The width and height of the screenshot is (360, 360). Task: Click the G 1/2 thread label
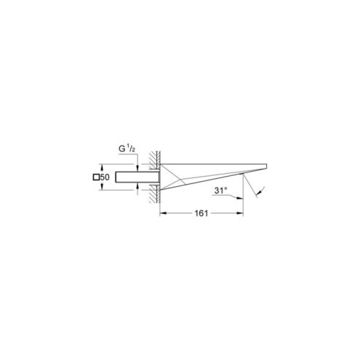click(127, 149)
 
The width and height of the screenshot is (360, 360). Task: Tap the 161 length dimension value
click(201, 213)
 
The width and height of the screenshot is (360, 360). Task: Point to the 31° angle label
click(220, 191)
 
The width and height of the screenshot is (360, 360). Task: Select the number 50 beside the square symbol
click(105, 177)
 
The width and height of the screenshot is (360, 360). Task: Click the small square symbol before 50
click(96, 177)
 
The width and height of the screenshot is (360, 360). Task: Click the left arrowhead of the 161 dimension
click(163, 213)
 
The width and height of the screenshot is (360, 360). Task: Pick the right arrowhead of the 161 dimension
click(240, 213)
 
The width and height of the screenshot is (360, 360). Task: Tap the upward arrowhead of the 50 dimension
click(102, 167)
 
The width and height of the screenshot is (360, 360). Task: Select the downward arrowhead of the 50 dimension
click(102, 187)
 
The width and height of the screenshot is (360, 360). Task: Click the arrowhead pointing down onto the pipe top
click(137, 169)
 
